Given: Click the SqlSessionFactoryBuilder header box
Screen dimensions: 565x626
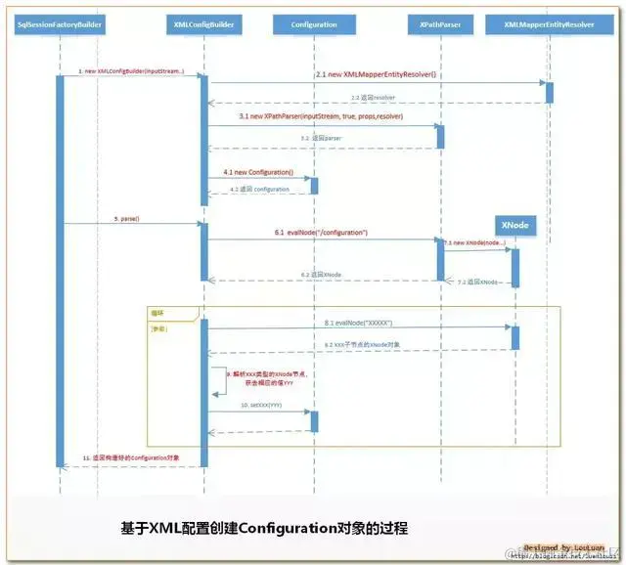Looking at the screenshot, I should coord(61,22).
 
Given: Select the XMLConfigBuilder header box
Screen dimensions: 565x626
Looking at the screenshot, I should coord(203,22).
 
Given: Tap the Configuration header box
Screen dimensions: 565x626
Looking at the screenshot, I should coord(314,22).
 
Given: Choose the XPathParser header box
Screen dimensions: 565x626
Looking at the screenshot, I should coord(438,22).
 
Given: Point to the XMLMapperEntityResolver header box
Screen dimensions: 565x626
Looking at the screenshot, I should coord(548,22).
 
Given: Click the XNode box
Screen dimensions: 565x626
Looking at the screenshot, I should coord(514,225).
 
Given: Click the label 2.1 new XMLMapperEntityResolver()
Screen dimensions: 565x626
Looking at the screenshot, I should coord(377,75).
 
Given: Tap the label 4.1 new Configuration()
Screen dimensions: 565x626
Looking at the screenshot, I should coord(258,172).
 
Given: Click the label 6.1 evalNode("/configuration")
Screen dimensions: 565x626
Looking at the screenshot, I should coord(321,233).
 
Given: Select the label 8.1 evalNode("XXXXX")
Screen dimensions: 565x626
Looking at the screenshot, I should coord(358,322).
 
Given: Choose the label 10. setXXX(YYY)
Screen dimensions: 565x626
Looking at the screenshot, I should coord(259,405).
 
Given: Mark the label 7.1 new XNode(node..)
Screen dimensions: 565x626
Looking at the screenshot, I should coord(474,241).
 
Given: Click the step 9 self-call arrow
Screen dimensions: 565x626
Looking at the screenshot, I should coord(221,379).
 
